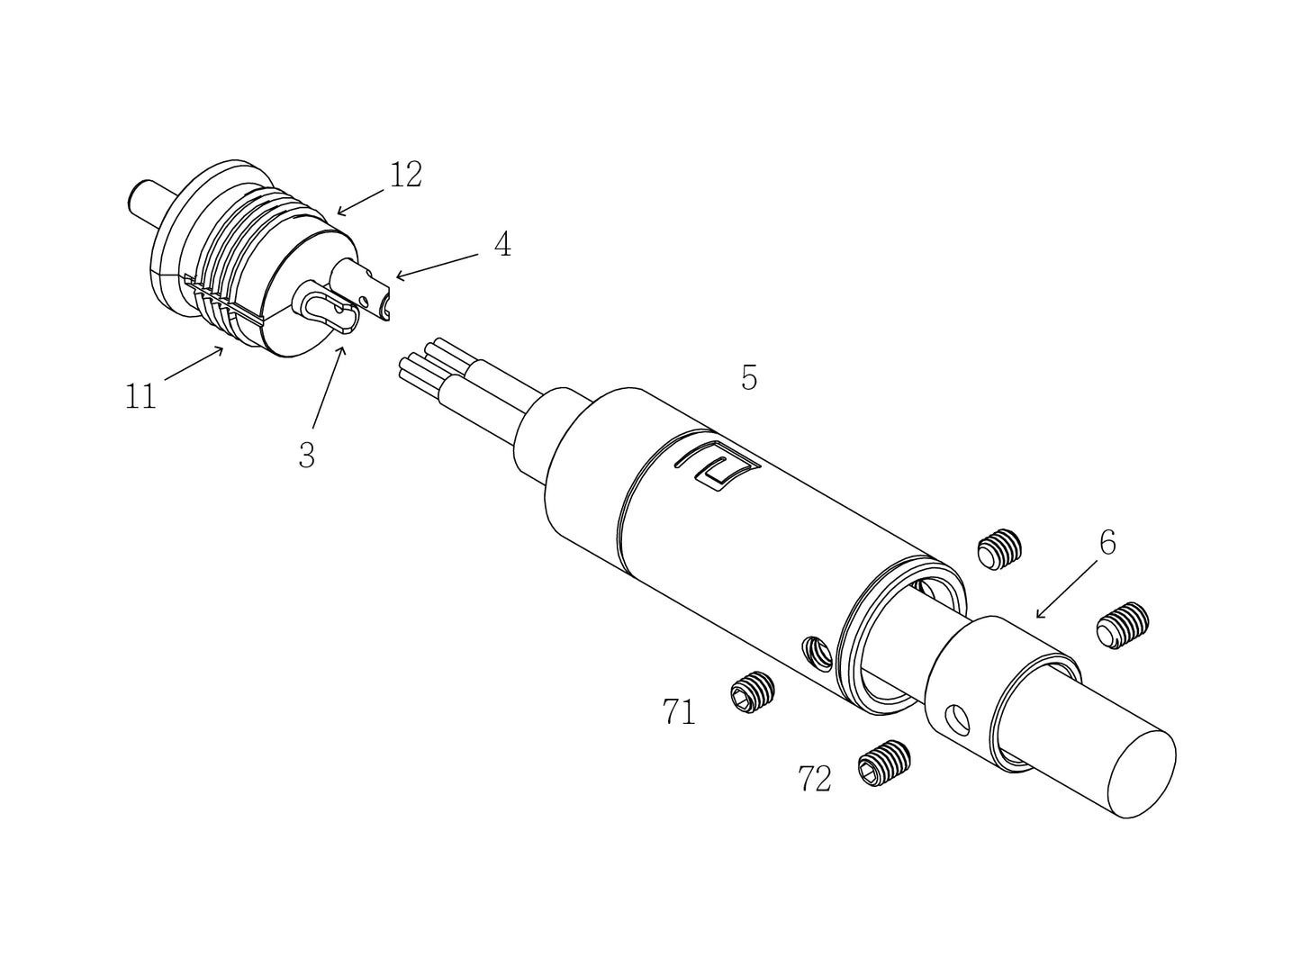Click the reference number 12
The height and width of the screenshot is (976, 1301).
click(x=406, y=175)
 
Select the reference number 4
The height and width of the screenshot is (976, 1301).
click(x=502, y=244)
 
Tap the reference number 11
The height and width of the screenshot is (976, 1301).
click(x=140, y=396)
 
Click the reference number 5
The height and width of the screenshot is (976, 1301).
click(x=749, y=378)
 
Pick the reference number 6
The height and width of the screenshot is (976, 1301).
click(x=1107, y=543)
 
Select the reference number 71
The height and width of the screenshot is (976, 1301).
click(x=680, y=712)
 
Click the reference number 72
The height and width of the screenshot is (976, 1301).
click(x=815, y=779)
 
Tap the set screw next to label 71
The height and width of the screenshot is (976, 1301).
click(x=752, y=693)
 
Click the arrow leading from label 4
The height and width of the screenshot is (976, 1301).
click(x=437, y=266)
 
